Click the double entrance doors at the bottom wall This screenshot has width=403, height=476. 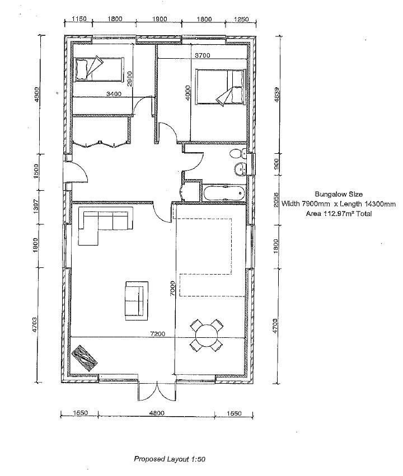click(157, 391)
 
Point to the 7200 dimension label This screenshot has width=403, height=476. click(157, 333)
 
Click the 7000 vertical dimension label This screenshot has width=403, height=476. click(173, 289)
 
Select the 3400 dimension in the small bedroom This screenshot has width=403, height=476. click(113, 94)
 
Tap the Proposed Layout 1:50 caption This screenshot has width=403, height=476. click(170, 459)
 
